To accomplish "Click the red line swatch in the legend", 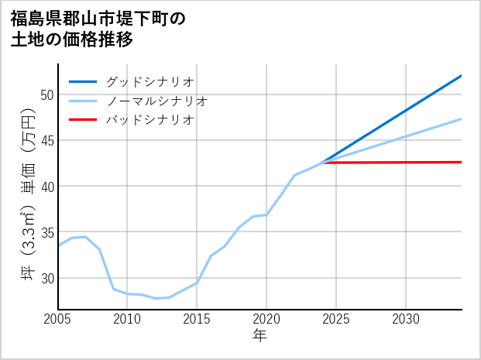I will coord(83,120).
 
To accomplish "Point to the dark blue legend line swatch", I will coord(83,81).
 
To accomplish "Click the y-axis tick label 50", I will coord(46,95).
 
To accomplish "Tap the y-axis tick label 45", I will coord(46,141).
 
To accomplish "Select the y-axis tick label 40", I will coord(46,187).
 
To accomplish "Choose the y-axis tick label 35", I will coord(46,232).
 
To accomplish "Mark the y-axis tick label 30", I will coord(46,278).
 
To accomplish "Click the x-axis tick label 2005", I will coord(58,319).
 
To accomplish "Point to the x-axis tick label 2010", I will coord(127,319).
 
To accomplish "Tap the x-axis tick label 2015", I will coord(197,319).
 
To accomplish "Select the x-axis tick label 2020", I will coord(266,319).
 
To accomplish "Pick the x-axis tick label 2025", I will coord(336,319).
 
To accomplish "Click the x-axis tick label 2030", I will coord(406,319).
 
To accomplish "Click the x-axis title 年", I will coord(259,336).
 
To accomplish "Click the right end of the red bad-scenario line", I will coord(461,162).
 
